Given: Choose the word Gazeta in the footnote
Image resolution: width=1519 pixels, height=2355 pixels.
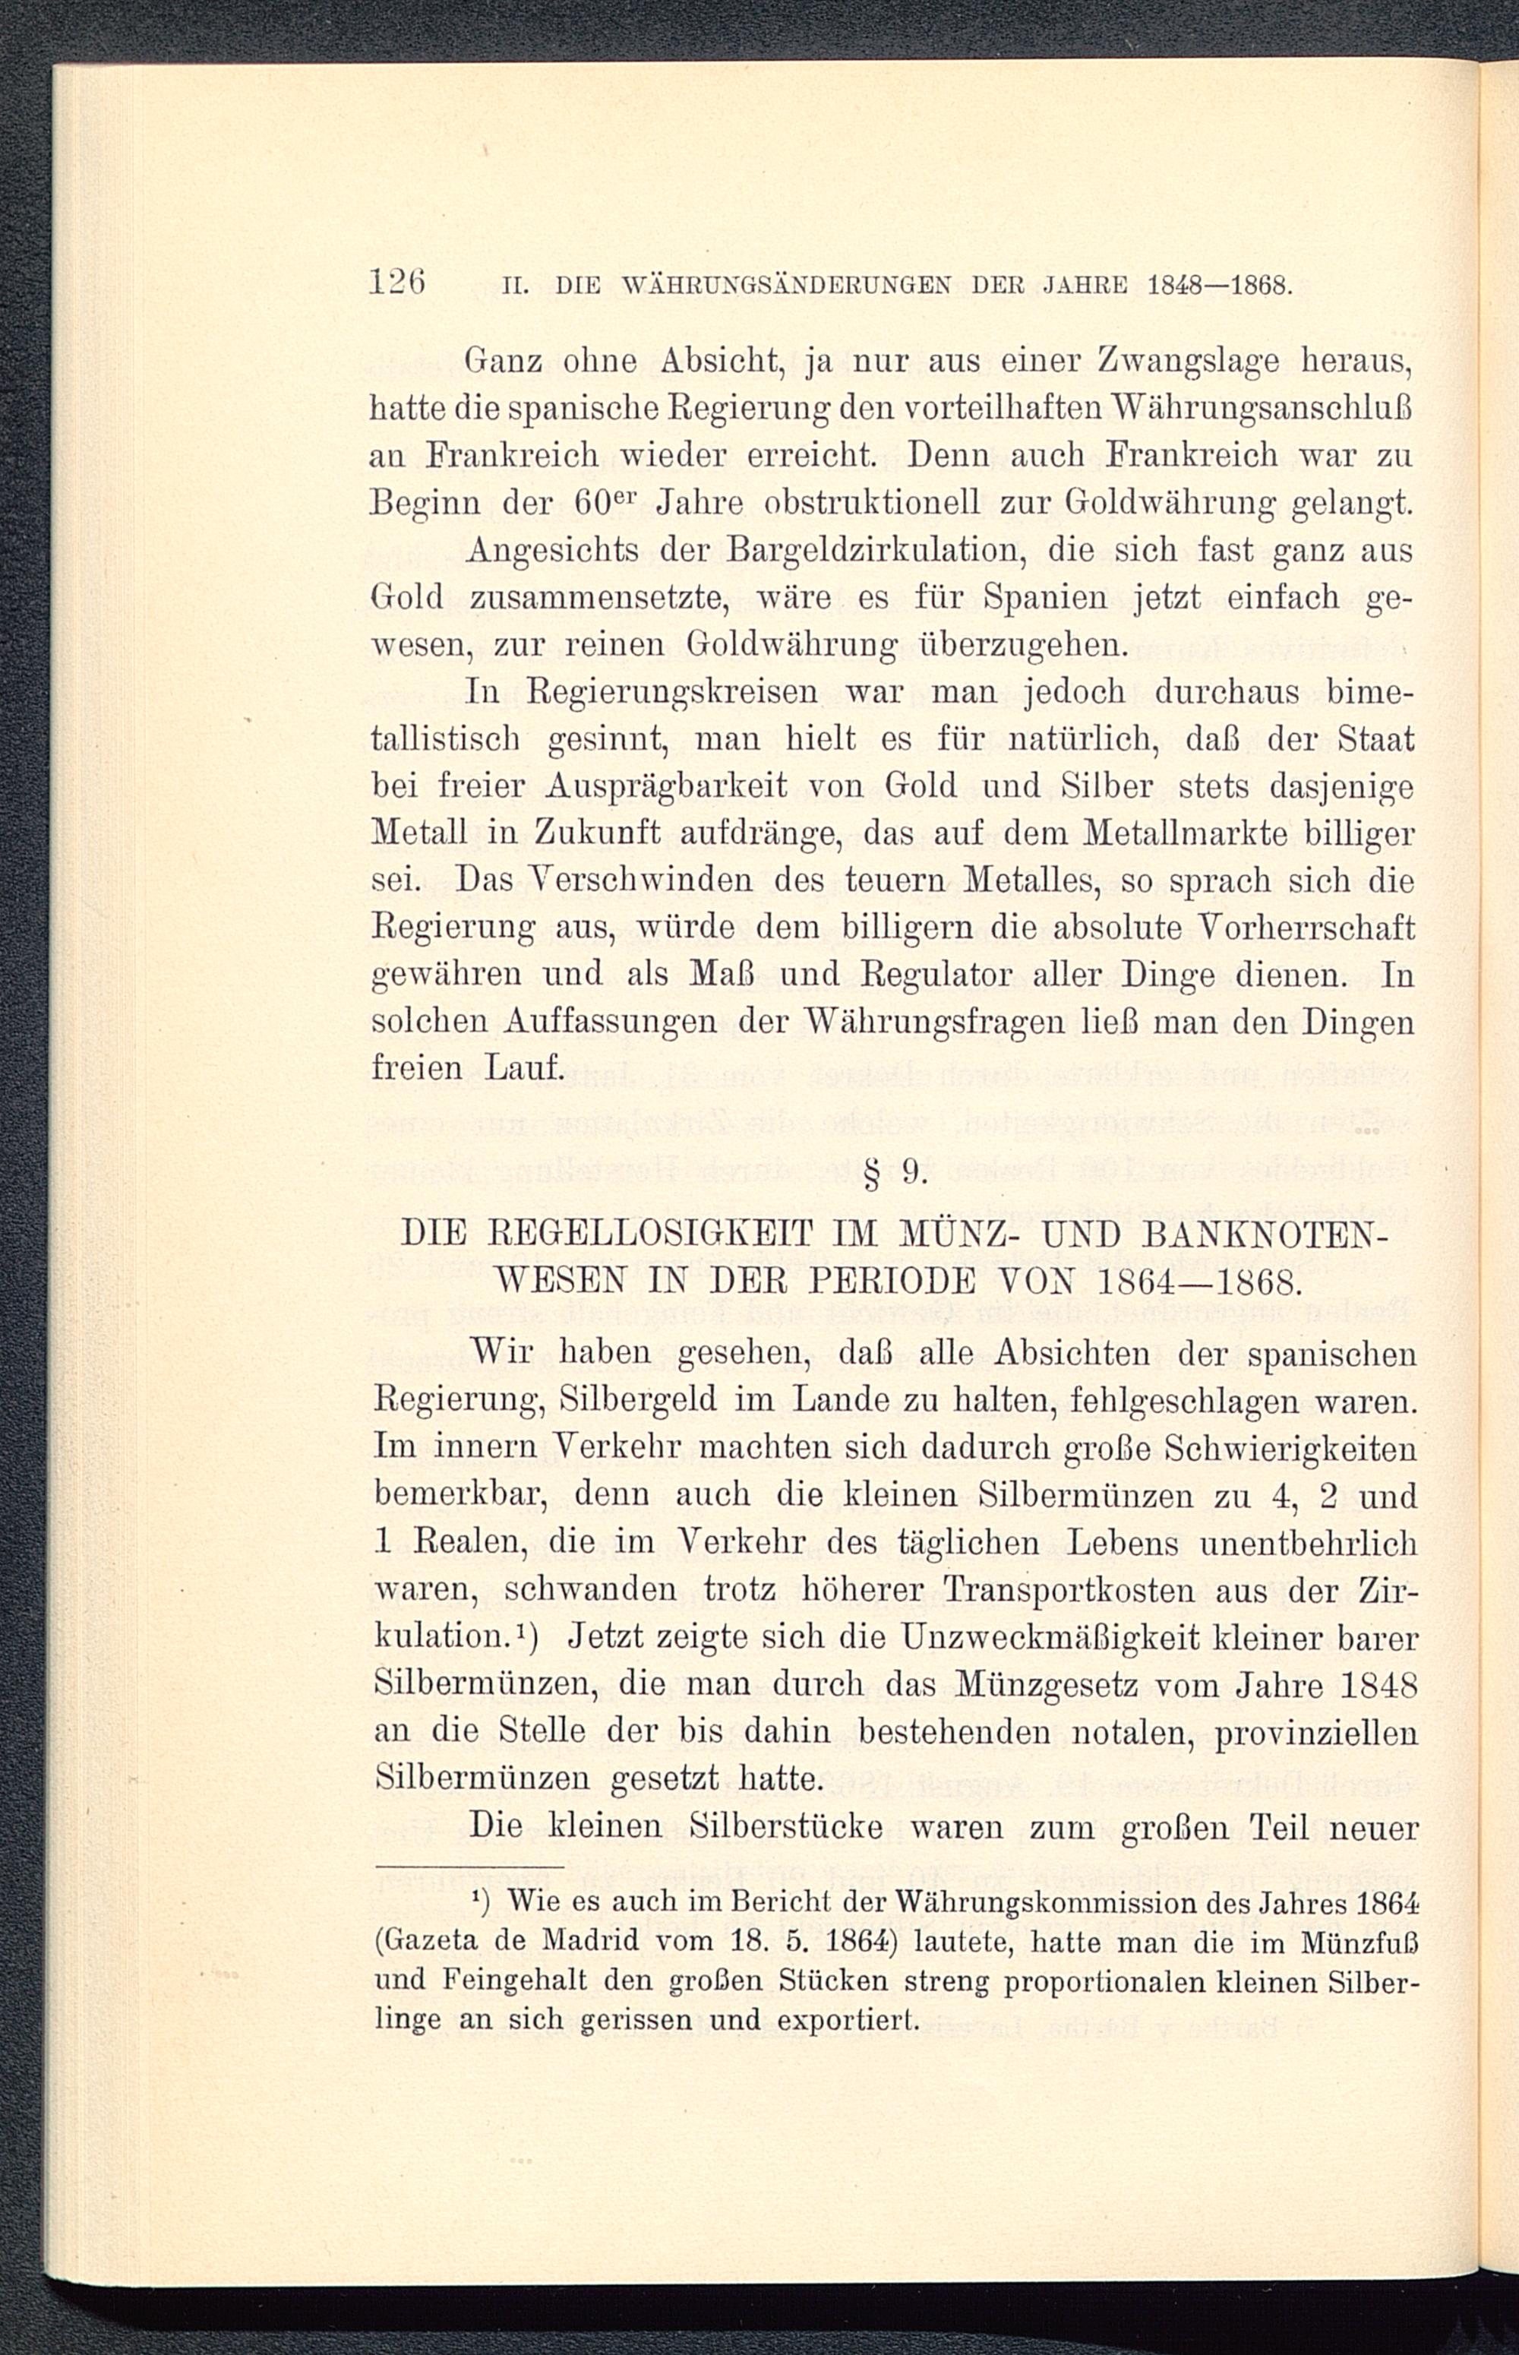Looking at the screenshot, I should pyautogui.click(x=426, y=1942).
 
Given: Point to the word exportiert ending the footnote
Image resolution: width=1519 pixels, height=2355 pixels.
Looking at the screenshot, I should pyautogui.click(x=848, y=2019).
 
